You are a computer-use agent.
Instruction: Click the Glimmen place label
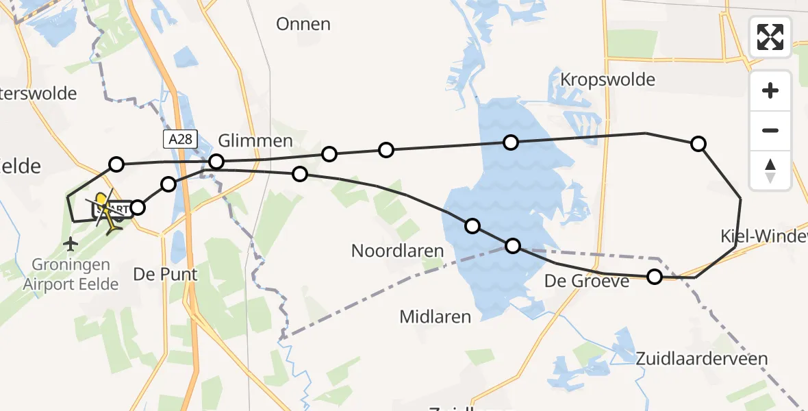coord(255,141)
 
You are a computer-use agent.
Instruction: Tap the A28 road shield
coord(181,140)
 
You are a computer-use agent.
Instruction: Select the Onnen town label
coord(303,25)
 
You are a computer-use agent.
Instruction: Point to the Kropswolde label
coord(607,79)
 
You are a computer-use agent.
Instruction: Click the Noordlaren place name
coord(398,251)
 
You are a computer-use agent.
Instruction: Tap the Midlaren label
coord(435,316)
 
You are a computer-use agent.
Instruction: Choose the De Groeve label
coord(587,280)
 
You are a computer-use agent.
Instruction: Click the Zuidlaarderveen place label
coord(702,358)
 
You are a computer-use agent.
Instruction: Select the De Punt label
coord(165,275)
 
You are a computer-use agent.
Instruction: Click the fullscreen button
coord(770,37)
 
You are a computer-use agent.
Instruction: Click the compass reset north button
coord(770,170)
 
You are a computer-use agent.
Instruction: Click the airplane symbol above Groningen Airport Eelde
coord(71,243)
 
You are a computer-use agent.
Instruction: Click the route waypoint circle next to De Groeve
coord(655,277)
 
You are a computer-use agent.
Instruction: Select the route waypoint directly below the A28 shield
coord(216,162)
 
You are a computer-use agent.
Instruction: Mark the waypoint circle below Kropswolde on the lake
coord(510,142)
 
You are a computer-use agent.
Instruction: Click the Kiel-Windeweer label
coord(763,237)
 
